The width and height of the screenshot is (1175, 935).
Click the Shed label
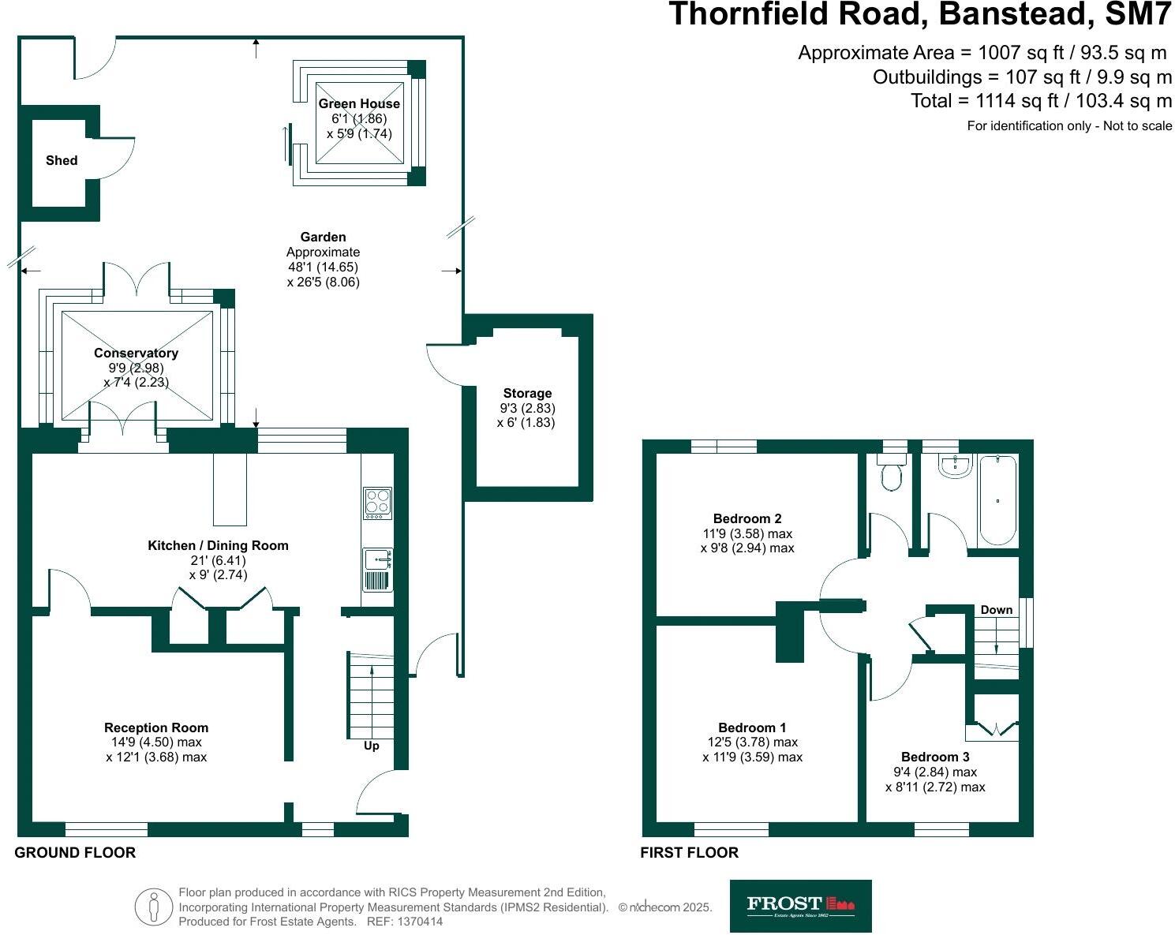pyautogui.click(x=62, y=161)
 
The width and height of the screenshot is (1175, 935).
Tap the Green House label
pyautogui.click(x=359, y=104)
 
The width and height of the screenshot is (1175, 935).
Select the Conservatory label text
pyautogui.click(x=136, y=353)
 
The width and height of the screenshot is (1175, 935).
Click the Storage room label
pyautogui.click(x=527, y=394)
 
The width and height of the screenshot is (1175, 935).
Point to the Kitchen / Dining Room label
pyautogui.click(x=218, y=546)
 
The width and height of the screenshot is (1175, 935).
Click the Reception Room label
pyautogui.click(x=156, y=728)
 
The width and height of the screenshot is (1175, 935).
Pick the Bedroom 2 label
pyautogui.click(x=747, y=519)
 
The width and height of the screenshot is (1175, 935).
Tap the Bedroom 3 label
pyautogui.click(x=935, y=757)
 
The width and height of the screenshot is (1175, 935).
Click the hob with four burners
pyautogui.click(x=377, y=503)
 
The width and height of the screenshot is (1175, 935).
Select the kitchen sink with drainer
pyautogui.click(x=377, y=570)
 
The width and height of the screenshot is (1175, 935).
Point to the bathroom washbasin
pyautogui.click(x=955, y=467)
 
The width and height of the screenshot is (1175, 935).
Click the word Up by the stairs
pyautogui.click(x=371, y=746)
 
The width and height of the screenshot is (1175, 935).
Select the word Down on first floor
pyautogui.click(x=996, y=610)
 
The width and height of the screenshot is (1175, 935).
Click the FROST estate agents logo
pyautogui.click(x=800, y=906)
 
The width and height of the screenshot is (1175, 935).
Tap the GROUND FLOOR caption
pyautogui.click(x=75, y=853)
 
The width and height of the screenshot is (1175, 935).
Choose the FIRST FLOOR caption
pyautogui.click(x=689, y=853)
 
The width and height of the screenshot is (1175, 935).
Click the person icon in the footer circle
pyautogui.click(x=153, y=907)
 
